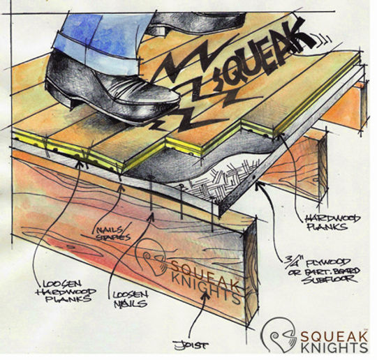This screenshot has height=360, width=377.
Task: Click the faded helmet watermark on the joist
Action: click(157, 258)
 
